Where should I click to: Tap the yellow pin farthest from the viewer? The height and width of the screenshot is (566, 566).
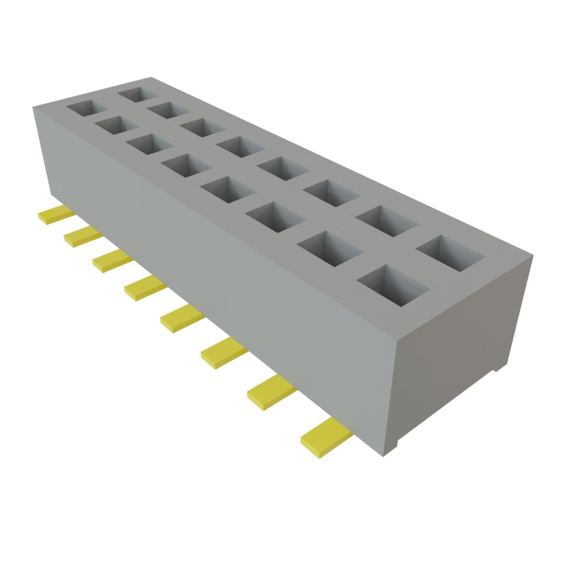[x=55, y=215]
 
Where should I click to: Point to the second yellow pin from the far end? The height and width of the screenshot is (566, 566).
[x=83, y=236]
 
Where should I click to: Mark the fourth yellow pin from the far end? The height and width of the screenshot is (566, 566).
[x=145, y=288]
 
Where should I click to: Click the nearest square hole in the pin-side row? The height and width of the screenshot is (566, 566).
[x=393, y=284]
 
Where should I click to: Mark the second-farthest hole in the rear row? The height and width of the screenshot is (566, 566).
[x=167, y=109]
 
